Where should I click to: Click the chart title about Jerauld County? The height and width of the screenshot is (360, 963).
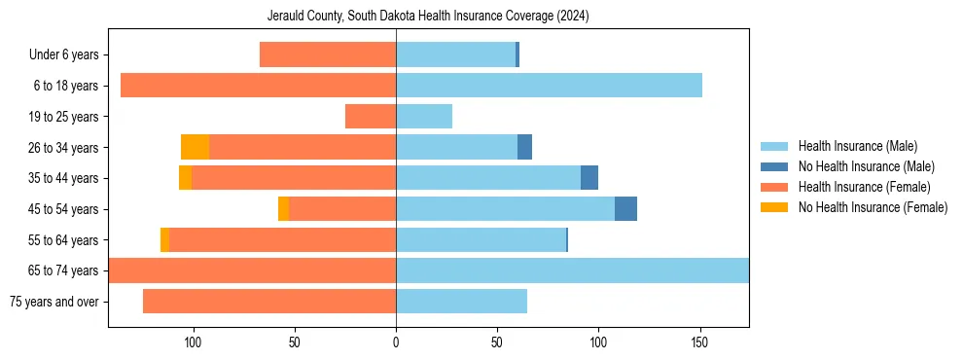click(428, 17)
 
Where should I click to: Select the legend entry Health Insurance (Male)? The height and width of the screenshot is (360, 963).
click(857, 147)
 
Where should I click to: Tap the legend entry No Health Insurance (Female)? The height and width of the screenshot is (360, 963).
click(873, 207)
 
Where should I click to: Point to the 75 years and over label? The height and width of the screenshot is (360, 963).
click(54, 302)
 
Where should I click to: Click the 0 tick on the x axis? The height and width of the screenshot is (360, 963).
click(396, 342)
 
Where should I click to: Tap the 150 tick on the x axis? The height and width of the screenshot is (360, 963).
click(699, 342)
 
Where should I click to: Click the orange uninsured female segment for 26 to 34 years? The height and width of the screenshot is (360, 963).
click(195, 147)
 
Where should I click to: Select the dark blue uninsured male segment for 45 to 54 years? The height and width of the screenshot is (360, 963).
click(625, 209)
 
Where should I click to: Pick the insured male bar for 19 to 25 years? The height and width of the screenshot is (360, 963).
click(424, 117)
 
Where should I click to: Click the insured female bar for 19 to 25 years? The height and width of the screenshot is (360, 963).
click(371, 117)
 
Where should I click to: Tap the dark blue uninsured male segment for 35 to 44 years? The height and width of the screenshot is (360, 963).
click(589, 178)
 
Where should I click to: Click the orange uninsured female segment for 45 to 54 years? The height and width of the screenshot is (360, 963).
click(283, 209)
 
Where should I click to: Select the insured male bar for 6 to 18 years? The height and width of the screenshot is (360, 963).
click(549, 86)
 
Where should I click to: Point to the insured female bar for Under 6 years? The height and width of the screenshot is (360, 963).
click(328, 55)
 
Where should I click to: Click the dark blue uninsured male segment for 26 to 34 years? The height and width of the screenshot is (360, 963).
click(524, 147)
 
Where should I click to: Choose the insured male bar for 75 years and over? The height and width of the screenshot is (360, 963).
click(461, 302)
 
